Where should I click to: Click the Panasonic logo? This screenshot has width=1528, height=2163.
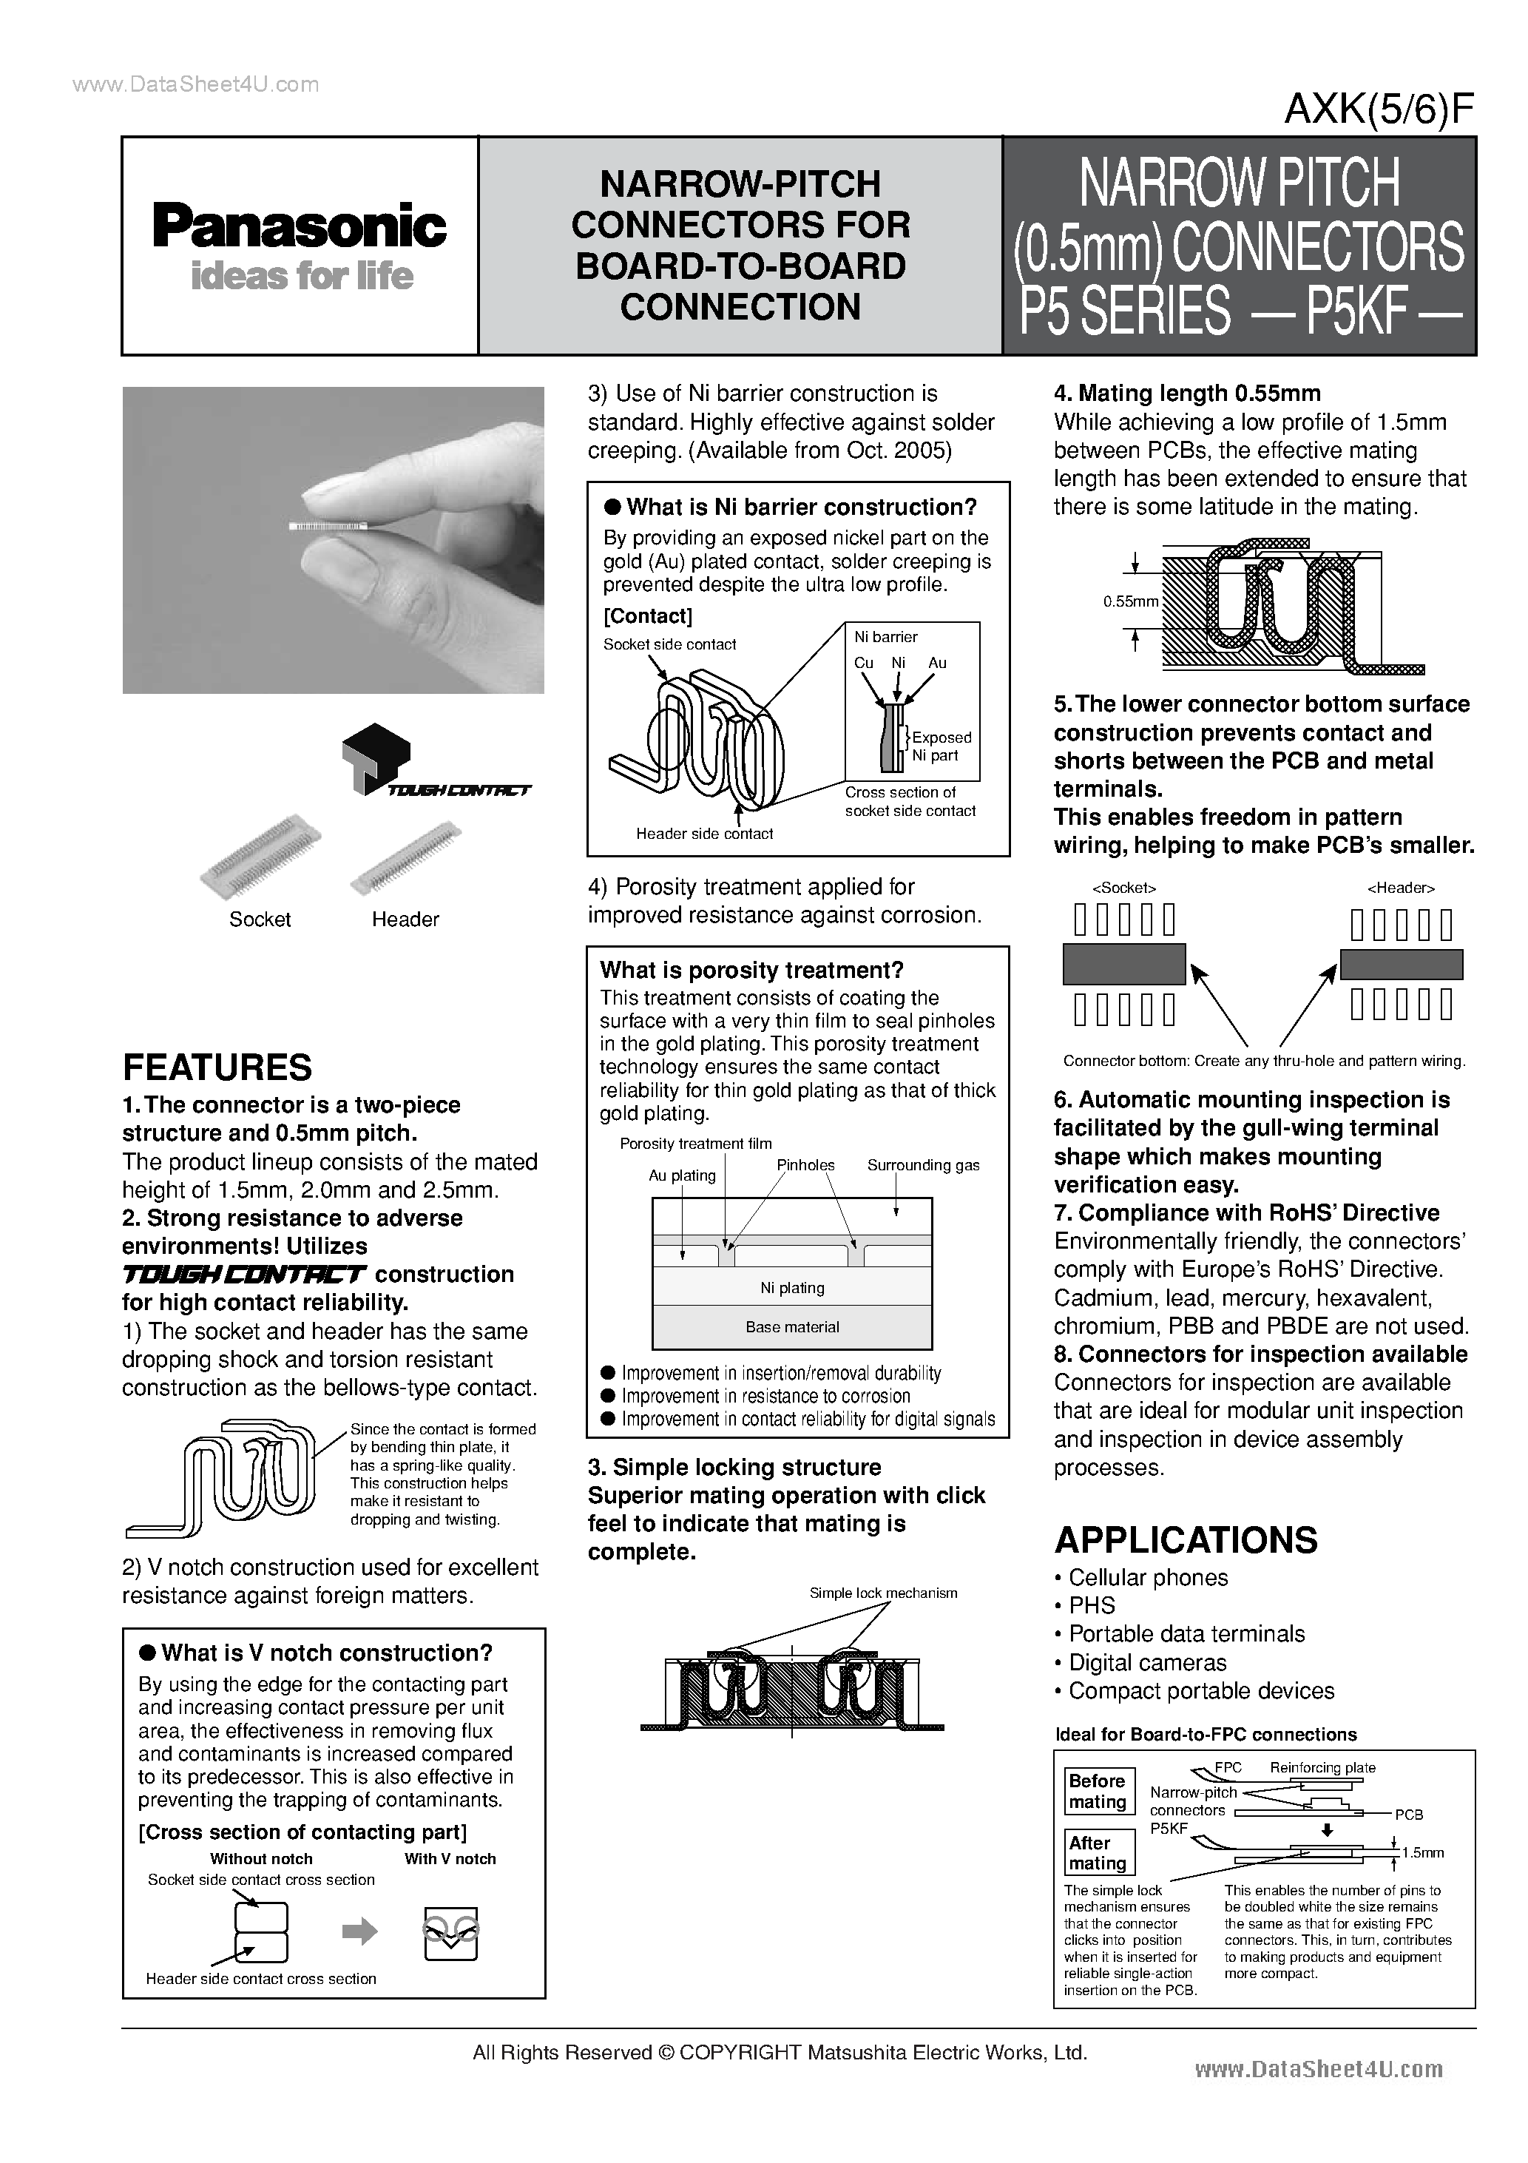[x=300, y=227]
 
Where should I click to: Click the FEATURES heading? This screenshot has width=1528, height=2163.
[x=217, y=1067]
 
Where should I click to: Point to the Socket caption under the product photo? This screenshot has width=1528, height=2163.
[x=260, y=919]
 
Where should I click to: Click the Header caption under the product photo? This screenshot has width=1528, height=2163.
[x=405, y=919]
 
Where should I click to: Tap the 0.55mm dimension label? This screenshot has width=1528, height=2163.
[x=1130, y=601]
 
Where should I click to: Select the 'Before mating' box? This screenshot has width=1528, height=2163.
[x=1098, y=1791]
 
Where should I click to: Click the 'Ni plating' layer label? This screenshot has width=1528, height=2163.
[x=792, y=1288]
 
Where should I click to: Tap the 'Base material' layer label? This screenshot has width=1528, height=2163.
[x=792, y=1326]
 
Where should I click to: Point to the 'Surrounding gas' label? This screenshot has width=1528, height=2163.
[x=923, y=1165]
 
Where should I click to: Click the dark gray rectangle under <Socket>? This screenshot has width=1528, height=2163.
[x=1124, y=964]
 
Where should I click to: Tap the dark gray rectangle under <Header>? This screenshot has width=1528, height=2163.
[x=1401, y=964]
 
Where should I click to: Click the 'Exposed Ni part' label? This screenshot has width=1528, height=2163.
[x=941, y=746]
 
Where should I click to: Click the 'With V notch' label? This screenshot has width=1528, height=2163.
[x=450, y=1859]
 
